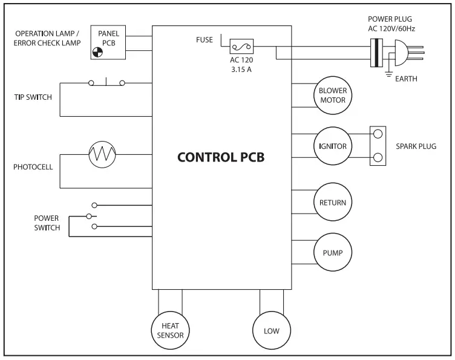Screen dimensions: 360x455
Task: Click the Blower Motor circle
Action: (332, 96)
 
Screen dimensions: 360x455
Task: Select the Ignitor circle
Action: (332, 146)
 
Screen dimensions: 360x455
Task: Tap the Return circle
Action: (332, 202)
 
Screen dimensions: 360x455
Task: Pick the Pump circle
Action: (332, 252)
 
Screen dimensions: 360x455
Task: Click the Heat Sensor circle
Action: (169, 330)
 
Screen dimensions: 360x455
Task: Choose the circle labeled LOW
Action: (271, 330)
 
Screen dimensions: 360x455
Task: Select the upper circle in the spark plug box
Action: (378, 135)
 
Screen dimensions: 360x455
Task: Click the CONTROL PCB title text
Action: (221, 157)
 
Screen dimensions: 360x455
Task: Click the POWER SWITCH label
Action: (47, 223)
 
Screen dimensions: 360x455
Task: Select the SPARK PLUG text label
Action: (415, 146)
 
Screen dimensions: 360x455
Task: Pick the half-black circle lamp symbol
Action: (97, 53)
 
